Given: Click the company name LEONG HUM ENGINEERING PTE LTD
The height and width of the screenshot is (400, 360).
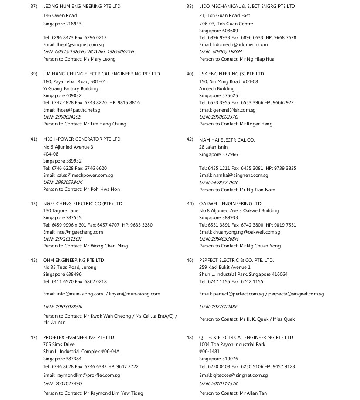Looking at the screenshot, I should pyautogui.click(x=82, y=7).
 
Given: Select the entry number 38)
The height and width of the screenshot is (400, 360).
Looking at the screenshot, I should pyautogui.click(x=190, y=7).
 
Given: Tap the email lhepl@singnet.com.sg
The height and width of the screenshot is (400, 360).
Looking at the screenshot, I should pyautogui.click(x=80, y=44).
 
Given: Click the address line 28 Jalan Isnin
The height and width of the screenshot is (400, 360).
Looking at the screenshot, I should pyautogui.click(x=213, y=147).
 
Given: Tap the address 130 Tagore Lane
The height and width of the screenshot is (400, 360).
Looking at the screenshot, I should pyautogui.click(x=61, y=211).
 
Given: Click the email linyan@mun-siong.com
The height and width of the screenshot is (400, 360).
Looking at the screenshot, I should pyautogui.click(x=134, y=294).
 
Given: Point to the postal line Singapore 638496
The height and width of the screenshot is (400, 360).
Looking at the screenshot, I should pyautogui.click(x=62, y=275).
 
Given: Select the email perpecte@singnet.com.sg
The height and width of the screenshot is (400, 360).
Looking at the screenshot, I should pyautogui.click(x=296, y=294).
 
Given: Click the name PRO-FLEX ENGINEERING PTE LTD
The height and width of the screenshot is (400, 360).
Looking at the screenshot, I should pyautogui.click(x=78, y=338).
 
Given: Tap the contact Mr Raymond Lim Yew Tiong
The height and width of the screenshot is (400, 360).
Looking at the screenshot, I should pyautogui.click(x=113, y=393).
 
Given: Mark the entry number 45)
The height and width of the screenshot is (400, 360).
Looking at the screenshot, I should pyautogui.click(x=34, y=261).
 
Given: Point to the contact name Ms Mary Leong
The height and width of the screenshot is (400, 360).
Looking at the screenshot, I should pyautogui.click(x=100, y=59).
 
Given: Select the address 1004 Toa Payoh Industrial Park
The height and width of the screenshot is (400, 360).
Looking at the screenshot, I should pyautogui.click(x=238, y=345).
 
